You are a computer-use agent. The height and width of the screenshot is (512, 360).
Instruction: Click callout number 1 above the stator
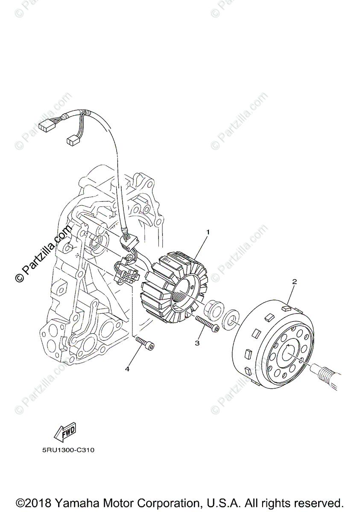point(208,232)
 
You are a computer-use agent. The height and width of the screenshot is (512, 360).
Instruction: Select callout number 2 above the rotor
point(294,282)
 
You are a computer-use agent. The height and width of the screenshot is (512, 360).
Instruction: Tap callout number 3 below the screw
point(197,343)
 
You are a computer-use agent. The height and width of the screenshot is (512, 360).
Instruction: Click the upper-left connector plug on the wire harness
point(45,125)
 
